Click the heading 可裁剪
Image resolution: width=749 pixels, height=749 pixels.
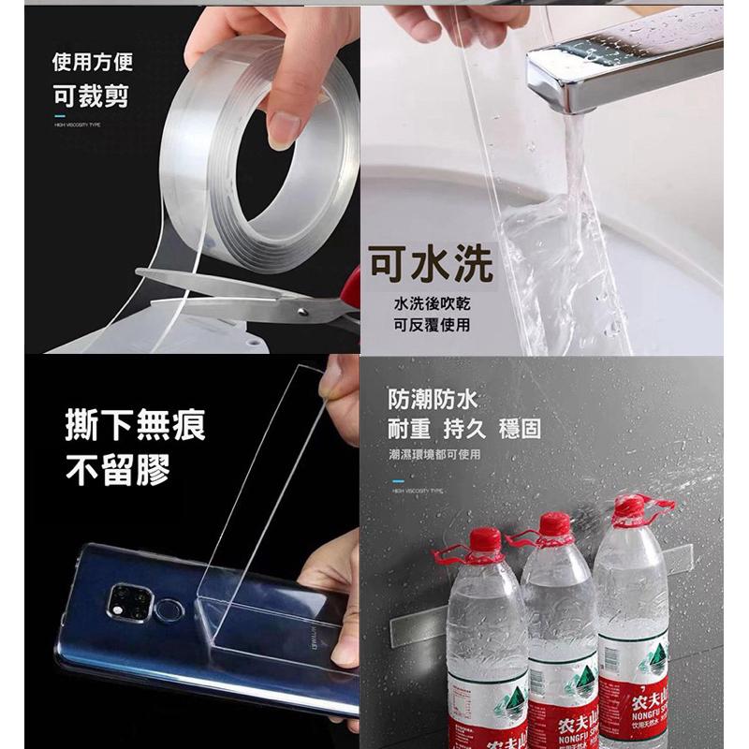pyautogui.click(x=91, y=95)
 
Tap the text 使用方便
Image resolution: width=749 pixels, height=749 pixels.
pyautogui.click(x=92, y=63)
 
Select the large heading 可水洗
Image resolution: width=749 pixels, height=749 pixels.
pyautogui.click(x=430, y=265)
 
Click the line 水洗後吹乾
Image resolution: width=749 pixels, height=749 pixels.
pyautogui.click(x=432, y=304)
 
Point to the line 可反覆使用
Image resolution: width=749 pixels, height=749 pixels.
pyautogui.click(x=432, y=325)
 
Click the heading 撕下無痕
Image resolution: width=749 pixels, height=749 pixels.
pyautogui.click(x=136, y=424)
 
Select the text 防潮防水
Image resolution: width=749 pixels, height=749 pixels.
pyautogui.click(x=433, y=400)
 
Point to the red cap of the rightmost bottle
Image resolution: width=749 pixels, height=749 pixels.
pyautogui.click(x=631, y=509)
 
